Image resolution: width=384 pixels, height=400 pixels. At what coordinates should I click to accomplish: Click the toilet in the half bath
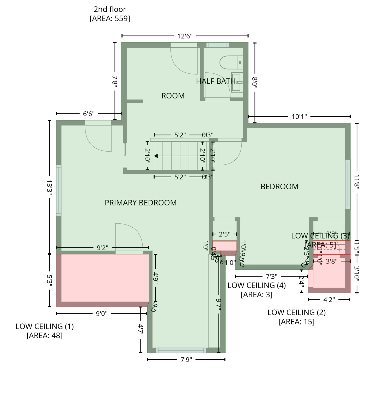pyautogui.click(x=231, y=63)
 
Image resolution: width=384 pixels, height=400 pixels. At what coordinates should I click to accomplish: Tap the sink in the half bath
pyautogui.click(x=237, y=83)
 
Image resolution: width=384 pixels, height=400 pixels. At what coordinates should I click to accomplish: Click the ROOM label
pyautogui.click(x=173, y=96)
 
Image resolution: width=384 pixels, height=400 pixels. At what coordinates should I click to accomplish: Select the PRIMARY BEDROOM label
pyautogui.click(x=141, y=203)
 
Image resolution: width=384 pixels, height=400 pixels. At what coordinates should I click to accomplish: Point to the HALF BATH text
pyautogui.click(x=216, y=81)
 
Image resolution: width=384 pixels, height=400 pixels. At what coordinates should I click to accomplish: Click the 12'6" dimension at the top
pyautogui.click(x=185, y=36)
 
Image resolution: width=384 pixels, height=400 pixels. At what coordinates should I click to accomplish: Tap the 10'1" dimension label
pyautogui.click(x=299, y=117)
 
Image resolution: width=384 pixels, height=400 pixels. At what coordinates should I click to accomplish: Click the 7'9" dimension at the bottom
pyautogui.click(x=186, y=360)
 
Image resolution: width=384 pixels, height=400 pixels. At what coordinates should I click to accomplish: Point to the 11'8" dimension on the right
pyautogui.click(x=357, y=182)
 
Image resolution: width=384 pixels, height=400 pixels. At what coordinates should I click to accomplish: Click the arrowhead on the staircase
pyautogui.click(x=156, y=156)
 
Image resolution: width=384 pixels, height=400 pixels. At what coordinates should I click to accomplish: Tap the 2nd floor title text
pyautogui.click(x=110, y=9)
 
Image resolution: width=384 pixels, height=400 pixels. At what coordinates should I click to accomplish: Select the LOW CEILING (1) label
pyautogui.click(x=45, y=326)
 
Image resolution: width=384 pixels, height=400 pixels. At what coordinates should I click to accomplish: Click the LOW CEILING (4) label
pyautogui.click(x=257, y=285)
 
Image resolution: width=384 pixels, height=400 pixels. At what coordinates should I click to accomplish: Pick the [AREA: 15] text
pyautogui.click(x=296, y=322)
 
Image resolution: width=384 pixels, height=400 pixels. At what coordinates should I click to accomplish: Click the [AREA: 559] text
pyautogui.click(x=110, y=19)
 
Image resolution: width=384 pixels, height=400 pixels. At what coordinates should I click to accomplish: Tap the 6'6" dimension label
pyautogui.click(x=89, y=114)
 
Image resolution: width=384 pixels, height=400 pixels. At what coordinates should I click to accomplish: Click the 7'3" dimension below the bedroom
pyautogui.click(x=271, y=276)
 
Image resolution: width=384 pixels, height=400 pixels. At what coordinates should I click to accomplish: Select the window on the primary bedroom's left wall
pyautogui.click(x=59, y=190)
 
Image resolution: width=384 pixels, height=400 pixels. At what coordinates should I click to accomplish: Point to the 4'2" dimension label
pyautogui.click(x=329, y=300)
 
